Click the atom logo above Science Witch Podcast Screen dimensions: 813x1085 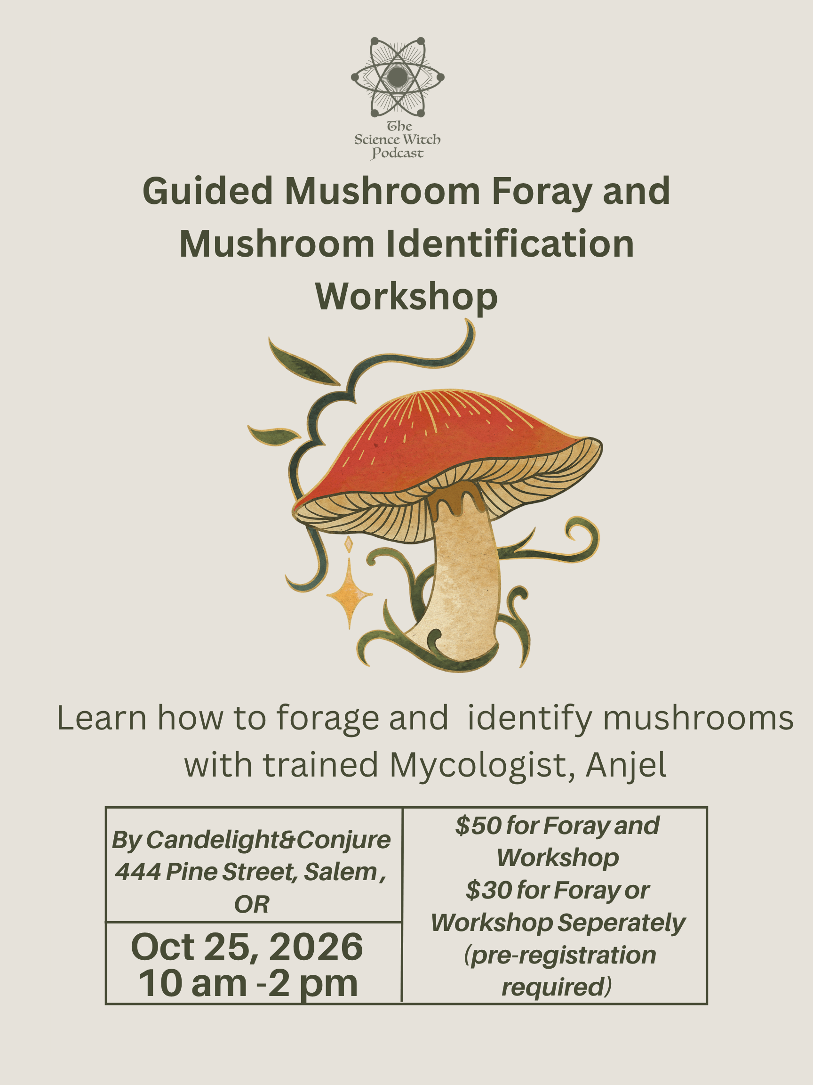tap(398, 77)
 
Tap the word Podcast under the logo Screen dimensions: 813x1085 tap(397, 154)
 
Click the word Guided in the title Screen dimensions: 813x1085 tap(207, 191)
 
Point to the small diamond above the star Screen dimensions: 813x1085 tap(349, 544)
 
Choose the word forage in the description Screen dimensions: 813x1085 tap(328, 719)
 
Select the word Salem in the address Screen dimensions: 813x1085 tap(341, 872)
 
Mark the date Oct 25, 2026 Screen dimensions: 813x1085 tap(247, 947)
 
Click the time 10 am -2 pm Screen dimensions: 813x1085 tap(248, 983)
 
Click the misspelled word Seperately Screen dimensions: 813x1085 tap(622, 923)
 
